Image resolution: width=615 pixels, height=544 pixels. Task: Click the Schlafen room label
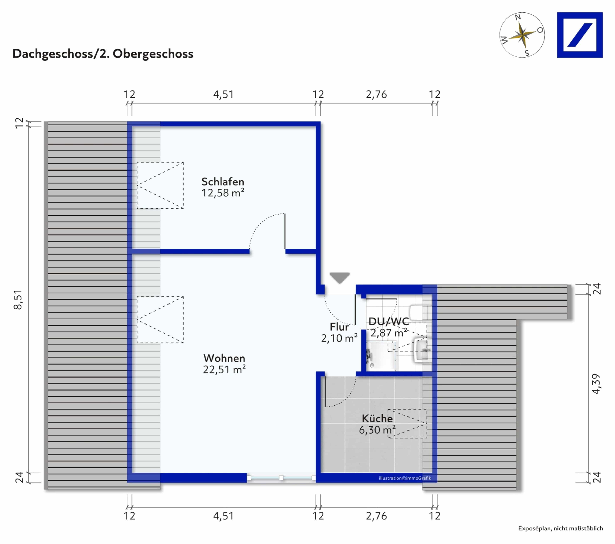tap(223, 182)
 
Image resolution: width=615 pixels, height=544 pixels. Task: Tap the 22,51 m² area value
tap(224, 369)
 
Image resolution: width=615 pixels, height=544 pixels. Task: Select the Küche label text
tap(377, 418)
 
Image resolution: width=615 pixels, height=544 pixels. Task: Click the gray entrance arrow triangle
tap(340, 277)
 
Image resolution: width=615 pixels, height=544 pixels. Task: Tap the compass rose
tap(522, 35)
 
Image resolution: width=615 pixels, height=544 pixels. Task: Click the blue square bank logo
tap(580, 35)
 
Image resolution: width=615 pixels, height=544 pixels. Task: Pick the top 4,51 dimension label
tap(223, 95)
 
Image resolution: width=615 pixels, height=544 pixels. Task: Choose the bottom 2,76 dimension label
tap(376, 516)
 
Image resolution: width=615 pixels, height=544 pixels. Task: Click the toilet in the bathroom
tap(420, 312)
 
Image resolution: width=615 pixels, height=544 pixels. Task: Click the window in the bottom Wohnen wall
tap(281, 478)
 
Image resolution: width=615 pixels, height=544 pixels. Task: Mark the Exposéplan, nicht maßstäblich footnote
tap(560, 528)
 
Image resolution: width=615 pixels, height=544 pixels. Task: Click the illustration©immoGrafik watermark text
tap(405, 478)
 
